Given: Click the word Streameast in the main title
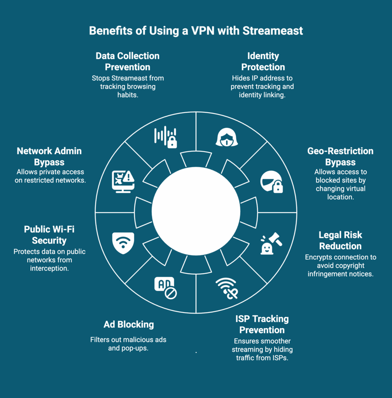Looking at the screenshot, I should point(273,31).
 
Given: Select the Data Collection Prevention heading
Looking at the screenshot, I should point(128,61).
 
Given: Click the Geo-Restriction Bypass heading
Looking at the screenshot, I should point(340,156).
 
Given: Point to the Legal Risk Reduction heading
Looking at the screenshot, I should point(340,240).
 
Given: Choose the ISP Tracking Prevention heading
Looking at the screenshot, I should point(262,325).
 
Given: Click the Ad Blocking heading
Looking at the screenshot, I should point(128,325).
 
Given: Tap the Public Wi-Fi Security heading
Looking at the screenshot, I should point(49,235).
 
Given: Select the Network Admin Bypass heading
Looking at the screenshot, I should point(49,156).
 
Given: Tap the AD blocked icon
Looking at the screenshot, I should point(165,288).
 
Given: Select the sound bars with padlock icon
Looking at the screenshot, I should point(166,137).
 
